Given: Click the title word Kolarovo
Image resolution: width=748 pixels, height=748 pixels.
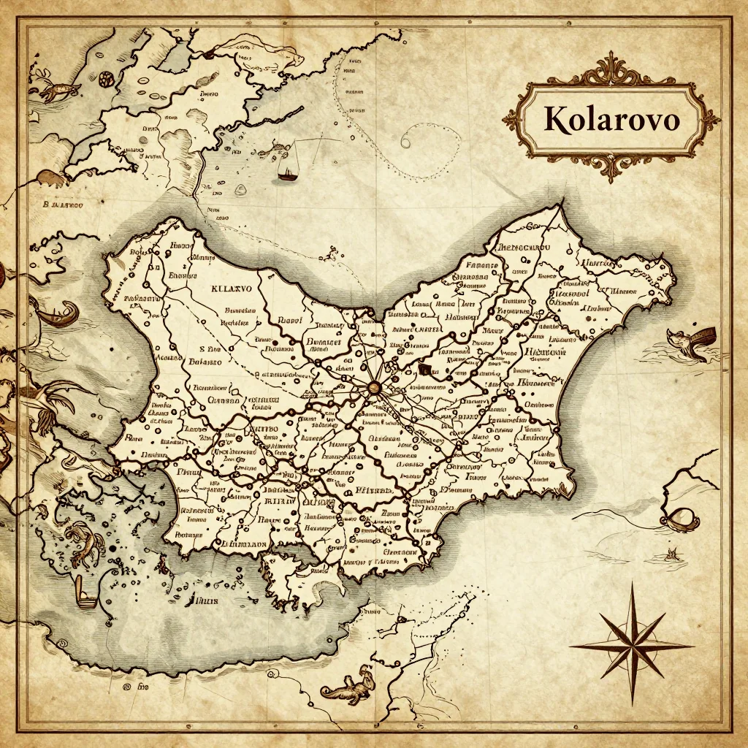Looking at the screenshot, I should point(611,120).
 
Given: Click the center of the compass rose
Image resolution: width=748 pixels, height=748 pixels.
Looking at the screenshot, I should point(630,646).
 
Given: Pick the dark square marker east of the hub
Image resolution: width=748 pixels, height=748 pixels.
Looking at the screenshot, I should point(426,369).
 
